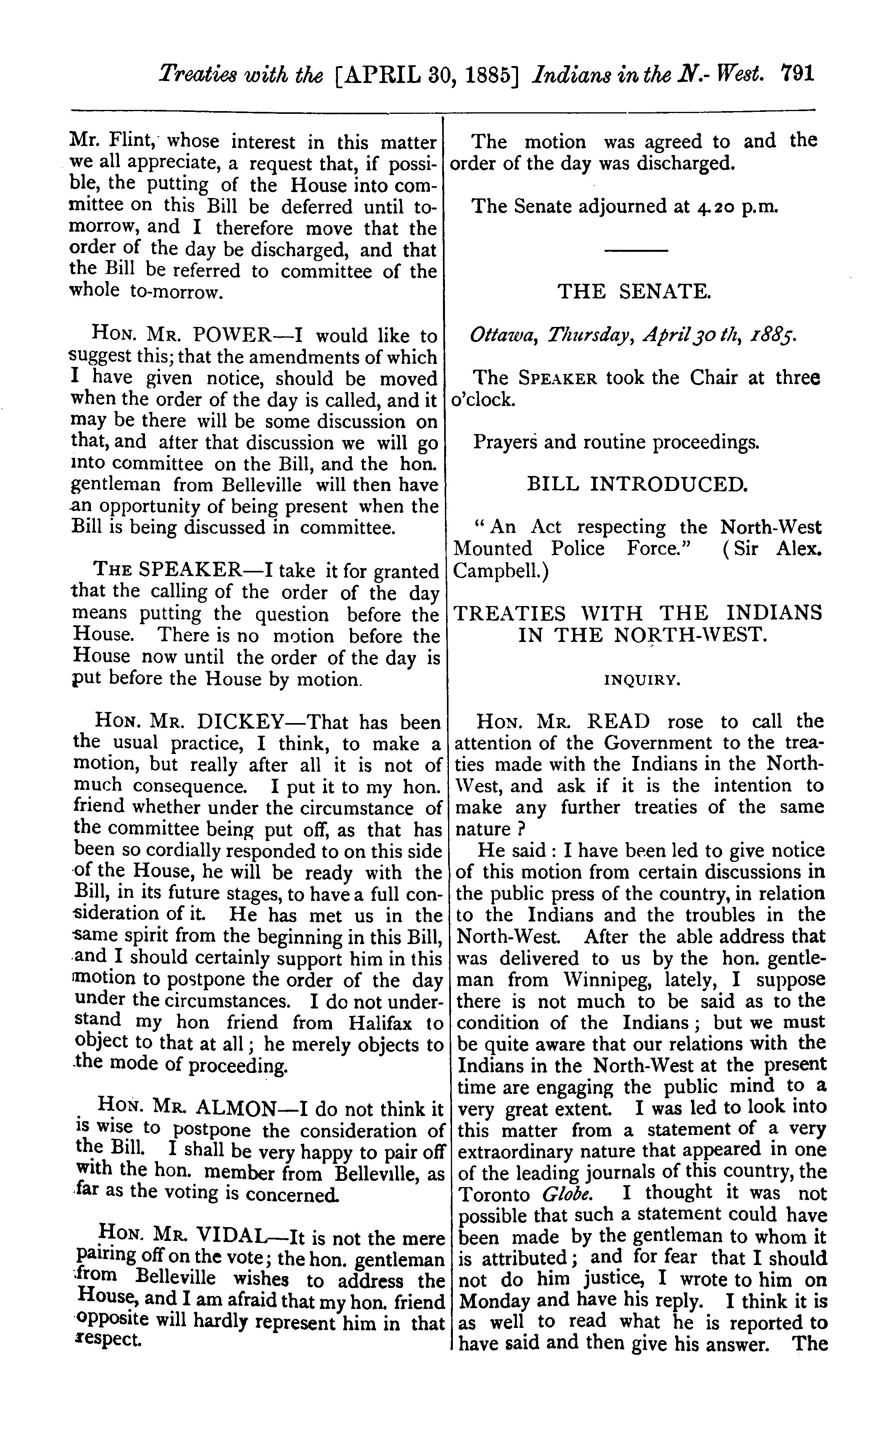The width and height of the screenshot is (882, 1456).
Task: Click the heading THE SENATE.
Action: click(635, 291)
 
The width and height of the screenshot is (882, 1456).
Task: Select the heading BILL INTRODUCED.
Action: click(637, 485)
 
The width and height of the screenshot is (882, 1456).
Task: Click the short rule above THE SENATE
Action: click(636, 251)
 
